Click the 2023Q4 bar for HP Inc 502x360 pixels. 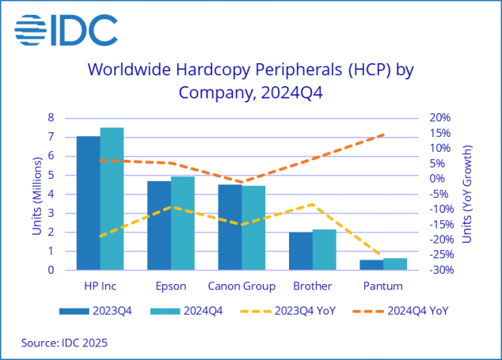pos(88,203)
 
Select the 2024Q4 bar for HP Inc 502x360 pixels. pos(112,199)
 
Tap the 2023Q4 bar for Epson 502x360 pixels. pos(159,225)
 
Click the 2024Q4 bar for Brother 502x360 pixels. pos(325,250)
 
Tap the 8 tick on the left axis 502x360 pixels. pos(51,117)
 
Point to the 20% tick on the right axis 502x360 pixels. pos(439,117)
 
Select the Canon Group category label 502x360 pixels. pos(241,286)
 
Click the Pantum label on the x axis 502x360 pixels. pos(383,286)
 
